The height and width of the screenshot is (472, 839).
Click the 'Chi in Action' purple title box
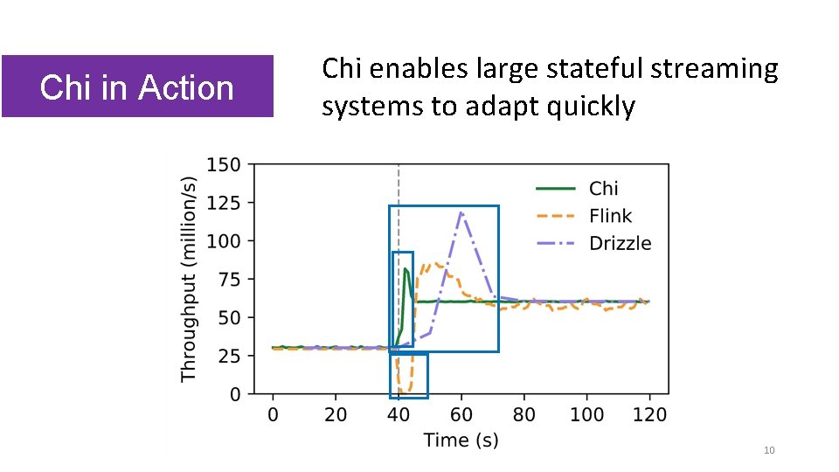(x=137, y=87)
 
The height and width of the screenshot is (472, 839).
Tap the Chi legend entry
(x=603, y=189)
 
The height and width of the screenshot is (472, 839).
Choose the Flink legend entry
(x=610, y=216)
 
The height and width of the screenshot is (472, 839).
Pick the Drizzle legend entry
(x=620, y=243)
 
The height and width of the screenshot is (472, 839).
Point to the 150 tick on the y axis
(x=225, y=164)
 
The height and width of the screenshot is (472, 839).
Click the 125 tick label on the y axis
(x=225, y=203)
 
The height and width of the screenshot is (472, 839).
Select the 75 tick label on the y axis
(x=230, y=280)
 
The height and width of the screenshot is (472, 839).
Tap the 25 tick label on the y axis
(x=230, y=357)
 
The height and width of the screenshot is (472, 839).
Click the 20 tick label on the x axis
(x=336, y=414)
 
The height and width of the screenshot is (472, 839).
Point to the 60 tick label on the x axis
(x=461, y=414)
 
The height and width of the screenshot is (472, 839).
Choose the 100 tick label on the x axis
(x=586, y=414)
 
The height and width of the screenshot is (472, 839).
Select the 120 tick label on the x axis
(x=649, y=414)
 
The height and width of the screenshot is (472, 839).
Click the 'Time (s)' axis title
(x=461, y=440)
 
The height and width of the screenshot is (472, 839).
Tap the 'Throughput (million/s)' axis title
(x=189, y=278)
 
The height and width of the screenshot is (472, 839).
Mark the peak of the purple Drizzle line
(x=461, y=212)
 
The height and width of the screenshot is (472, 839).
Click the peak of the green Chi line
(x=406, y=269)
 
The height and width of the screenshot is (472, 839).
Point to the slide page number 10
(x=769, y=450)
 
